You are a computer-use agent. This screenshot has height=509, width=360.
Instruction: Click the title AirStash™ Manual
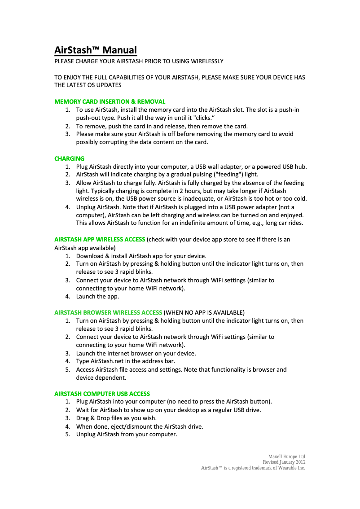[96, 50]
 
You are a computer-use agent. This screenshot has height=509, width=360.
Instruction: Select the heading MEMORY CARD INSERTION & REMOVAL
[110, 101]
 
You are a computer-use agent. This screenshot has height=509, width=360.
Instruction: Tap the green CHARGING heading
[70, 158]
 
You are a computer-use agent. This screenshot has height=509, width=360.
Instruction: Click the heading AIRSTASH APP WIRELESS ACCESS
[100, 239]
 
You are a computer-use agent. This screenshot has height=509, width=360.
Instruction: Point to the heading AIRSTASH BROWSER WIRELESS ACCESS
[108, 312]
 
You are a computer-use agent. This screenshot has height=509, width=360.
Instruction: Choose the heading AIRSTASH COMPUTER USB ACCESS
[102, 394]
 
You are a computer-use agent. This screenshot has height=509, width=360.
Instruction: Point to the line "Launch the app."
[97, 296]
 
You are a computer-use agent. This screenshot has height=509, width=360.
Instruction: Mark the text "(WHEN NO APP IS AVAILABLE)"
[204, 312]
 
